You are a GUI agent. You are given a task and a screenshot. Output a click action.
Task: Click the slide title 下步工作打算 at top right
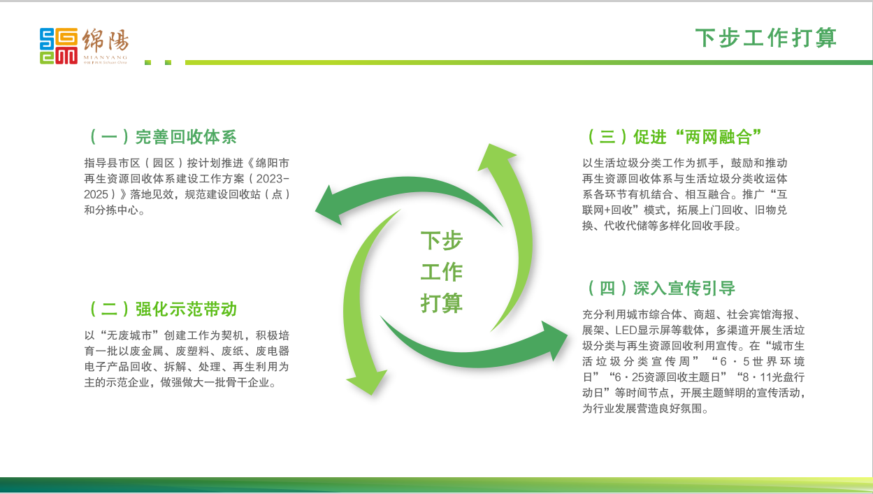coord(766,38)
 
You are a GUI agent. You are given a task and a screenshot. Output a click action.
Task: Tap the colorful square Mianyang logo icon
coord(59,46)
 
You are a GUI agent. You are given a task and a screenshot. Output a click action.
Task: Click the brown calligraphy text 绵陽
coord(106,40)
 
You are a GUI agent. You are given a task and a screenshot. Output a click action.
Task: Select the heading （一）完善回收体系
coord(163,137)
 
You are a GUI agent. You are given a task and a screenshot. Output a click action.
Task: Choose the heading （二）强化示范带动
coord(163,309)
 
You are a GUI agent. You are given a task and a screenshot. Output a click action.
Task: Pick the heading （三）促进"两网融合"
coord(674,137)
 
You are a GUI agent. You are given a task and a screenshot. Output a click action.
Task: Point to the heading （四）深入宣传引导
coord(661,288)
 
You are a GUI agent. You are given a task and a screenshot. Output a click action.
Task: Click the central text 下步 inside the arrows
coord(442,240)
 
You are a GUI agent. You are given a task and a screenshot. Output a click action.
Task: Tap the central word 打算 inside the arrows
coord(442,303)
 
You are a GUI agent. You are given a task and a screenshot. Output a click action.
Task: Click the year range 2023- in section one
coord(273,179)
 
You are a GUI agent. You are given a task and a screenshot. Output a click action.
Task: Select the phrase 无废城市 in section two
coord(129,335)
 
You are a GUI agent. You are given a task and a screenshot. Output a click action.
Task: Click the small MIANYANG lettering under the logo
coord(106,57)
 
